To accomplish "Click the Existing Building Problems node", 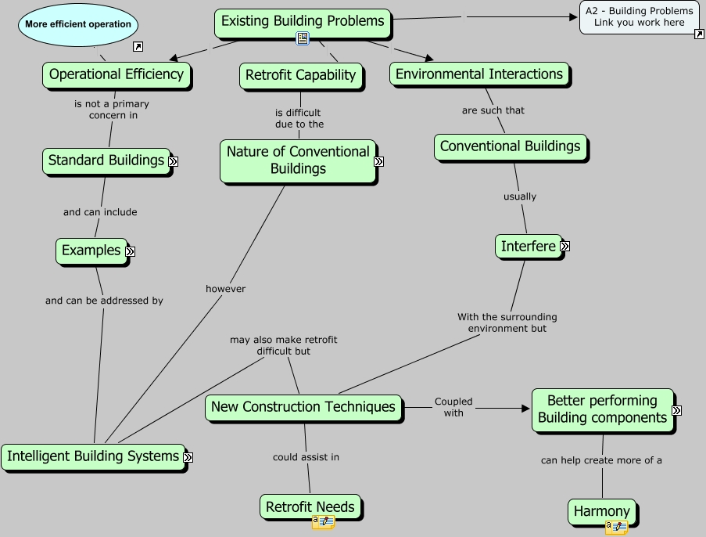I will coord(303,21).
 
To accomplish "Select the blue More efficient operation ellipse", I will coord(78,24).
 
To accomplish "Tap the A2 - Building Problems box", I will coord(639,16).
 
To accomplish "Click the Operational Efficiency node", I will coord(116,74).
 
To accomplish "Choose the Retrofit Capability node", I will coord(300,75).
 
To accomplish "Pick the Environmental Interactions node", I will coord(479,74).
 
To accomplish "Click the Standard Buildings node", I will coord(106,160).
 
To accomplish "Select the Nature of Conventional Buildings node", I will coord(298,160).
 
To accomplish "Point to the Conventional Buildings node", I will coord(510,146).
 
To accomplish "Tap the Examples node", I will coord(91,250).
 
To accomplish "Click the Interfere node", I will coord(529,246).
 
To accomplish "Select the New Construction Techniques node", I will coord(303,407).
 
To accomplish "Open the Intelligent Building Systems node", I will coord(93,456).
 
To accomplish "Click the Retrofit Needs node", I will coord(310,507).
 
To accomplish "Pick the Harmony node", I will coord(601,512).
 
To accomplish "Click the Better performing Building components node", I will coord(602,409).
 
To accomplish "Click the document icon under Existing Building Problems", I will coord(303,39).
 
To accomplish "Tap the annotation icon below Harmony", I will coord(616,528).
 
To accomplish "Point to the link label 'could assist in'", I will coord(306,457).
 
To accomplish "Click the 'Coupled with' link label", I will coord(453,407).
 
